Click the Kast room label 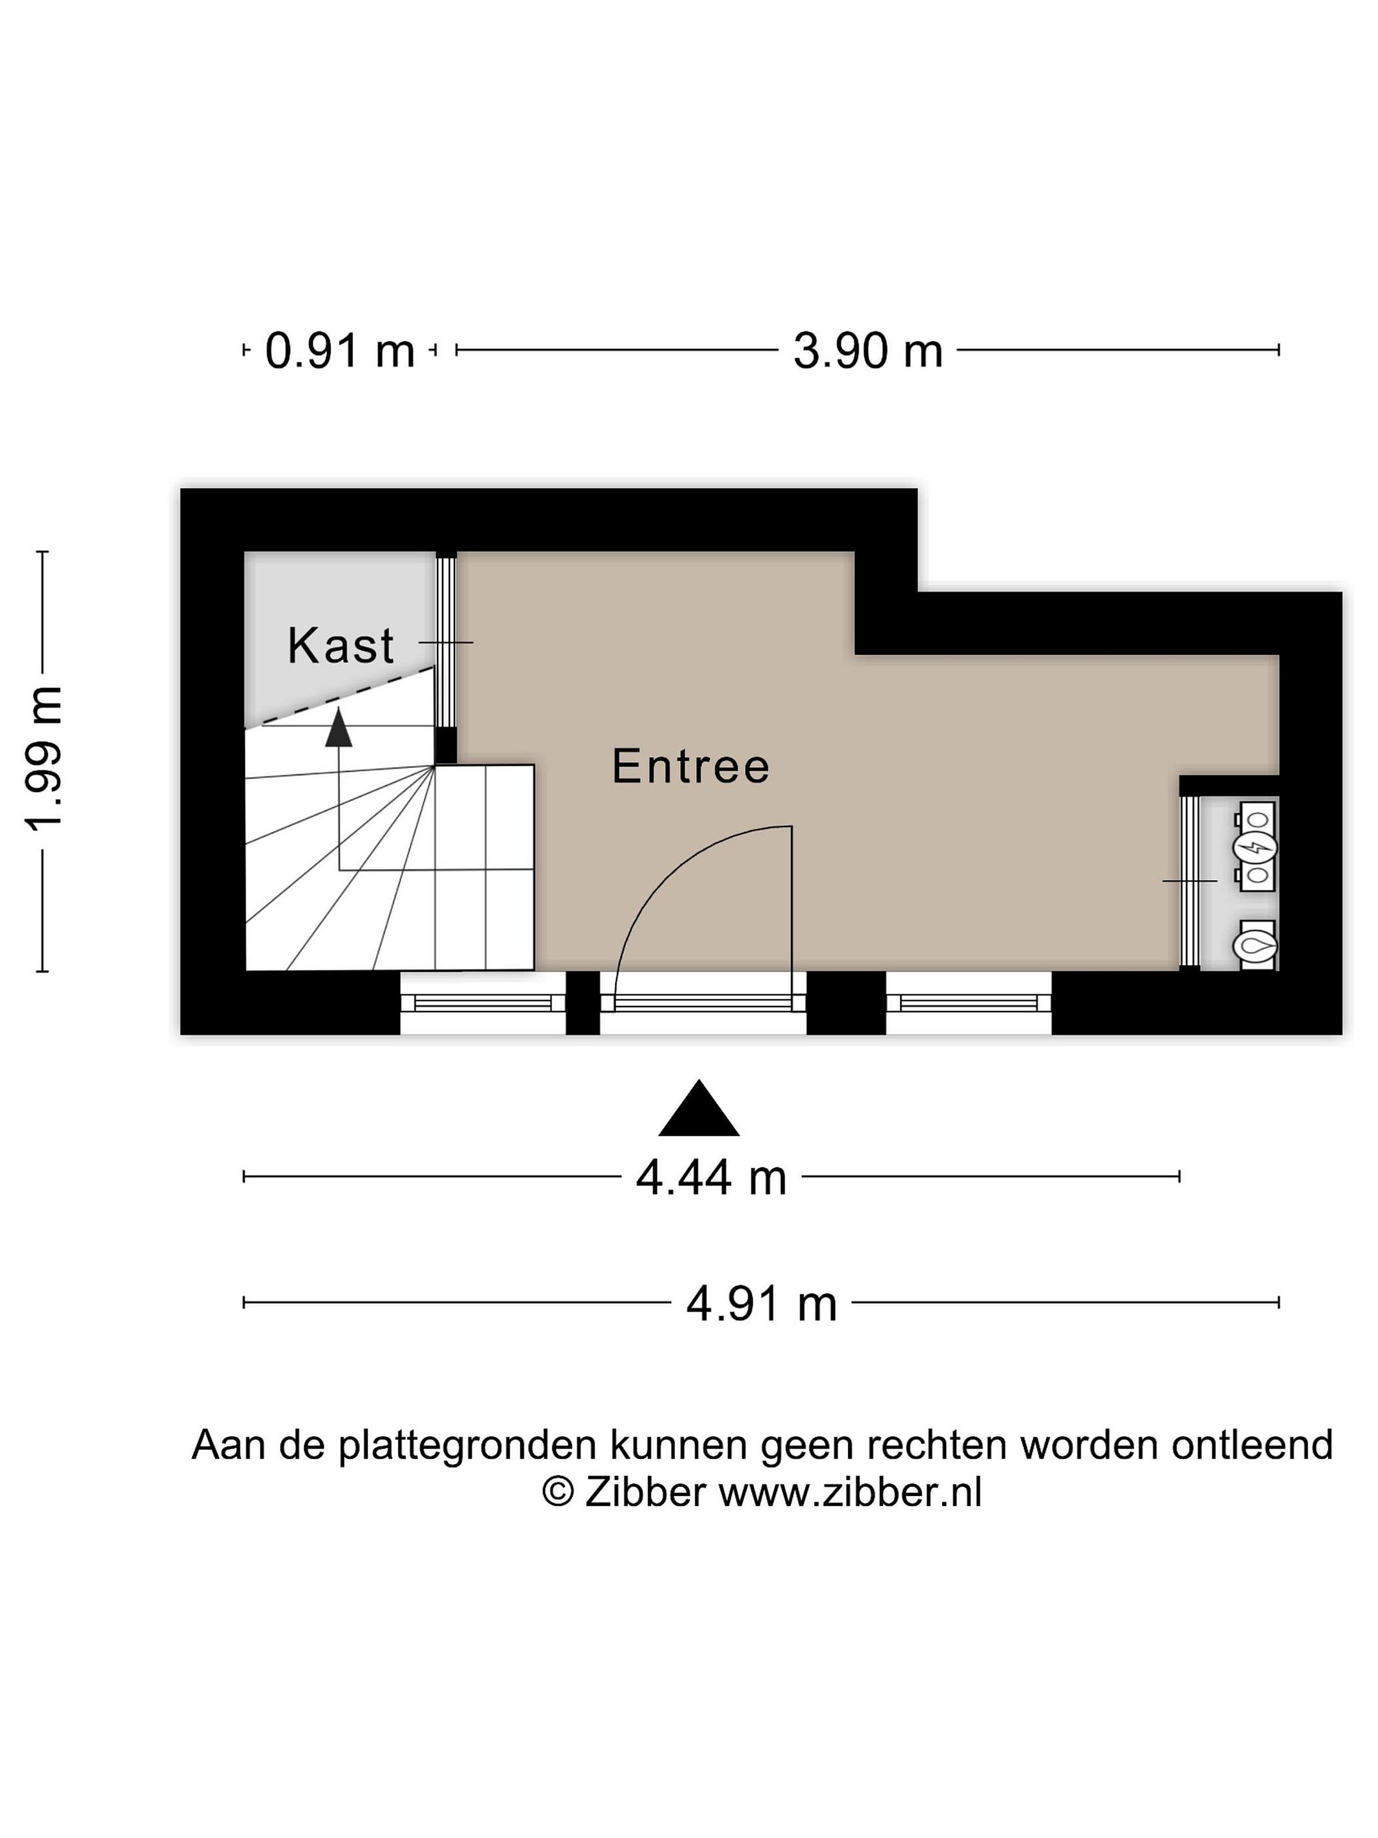click(341, 646)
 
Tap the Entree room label click(691, 766)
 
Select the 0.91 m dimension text click(340, 350)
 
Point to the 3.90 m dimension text click(868, 350)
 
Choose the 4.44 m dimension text click(711, 1178)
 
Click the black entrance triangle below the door click(699, 1109)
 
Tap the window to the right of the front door click(968, 1003)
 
